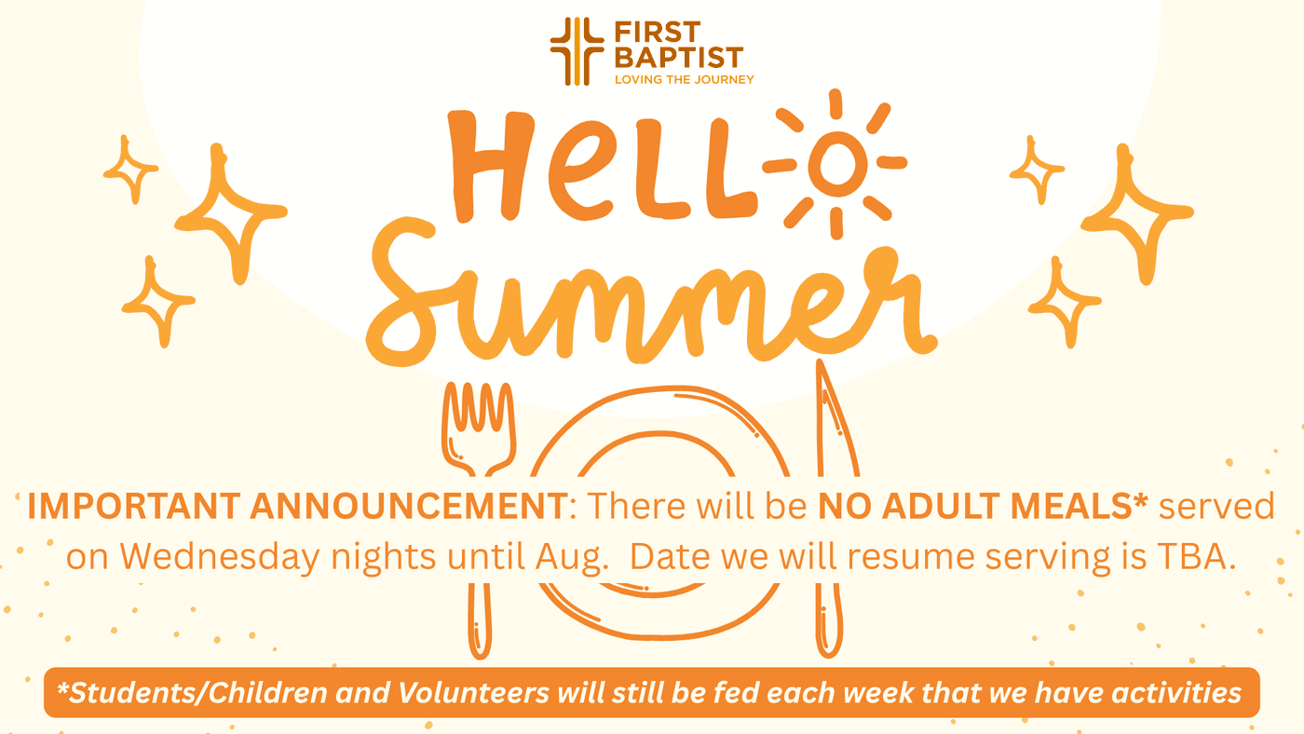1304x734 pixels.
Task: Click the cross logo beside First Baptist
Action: (x=577, y=51)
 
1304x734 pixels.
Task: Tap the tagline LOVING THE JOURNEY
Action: (x=684, y=80)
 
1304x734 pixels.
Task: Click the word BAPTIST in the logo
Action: (x=679, y=58)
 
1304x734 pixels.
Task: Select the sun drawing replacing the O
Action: (x=836, y=164)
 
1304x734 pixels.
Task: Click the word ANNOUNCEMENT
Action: (x=409, y=505)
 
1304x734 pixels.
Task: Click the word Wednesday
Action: (x=220, y=556)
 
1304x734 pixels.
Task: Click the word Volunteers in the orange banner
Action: (x=473, y=693)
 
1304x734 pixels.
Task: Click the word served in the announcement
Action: (x=1216, y=506)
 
